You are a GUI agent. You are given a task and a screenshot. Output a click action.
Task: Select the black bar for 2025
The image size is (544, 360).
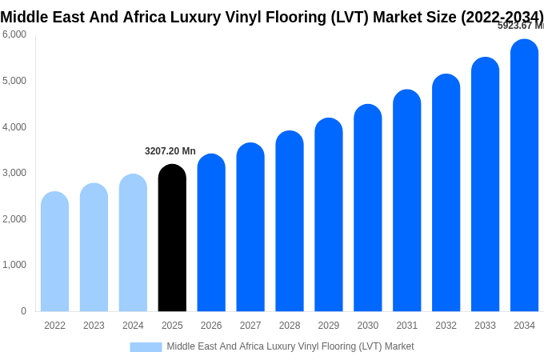click(x=172, y=238)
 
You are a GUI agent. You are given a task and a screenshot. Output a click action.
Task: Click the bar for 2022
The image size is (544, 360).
click(x=54, y=252)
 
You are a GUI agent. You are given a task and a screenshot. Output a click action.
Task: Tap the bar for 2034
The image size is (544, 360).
click(x=524, y=176)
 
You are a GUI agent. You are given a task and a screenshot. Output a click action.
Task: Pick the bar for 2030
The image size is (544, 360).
click(x=368, y=208)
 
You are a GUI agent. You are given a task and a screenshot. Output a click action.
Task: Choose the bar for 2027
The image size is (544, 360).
click(x=250, y=227)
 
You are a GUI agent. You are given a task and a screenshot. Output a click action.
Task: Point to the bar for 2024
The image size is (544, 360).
click(x=133, y=243)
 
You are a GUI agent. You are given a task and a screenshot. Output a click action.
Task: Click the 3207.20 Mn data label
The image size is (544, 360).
click(x=170, y=151)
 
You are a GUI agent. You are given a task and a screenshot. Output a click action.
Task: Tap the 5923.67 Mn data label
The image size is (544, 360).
click(x=521, y=26)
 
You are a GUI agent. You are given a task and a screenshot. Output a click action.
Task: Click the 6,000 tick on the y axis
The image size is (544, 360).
click(x=14, y=34)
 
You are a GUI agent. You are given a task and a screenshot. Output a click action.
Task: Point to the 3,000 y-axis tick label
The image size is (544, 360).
click(x=14, y=173)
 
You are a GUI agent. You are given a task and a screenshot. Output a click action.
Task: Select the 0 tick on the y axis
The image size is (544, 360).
click(x=23, y=311)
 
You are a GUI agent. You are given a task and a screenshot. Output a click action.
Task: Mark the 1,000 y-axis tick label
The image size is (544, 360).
click(x=14, y=265)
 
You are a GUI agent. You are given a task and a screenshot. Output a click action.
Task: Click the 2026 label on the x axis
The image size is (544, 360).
click(x=211, y=326)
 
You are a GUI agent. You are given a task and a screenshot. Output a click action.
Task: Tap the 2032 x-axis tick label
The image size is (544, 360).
click(x=446, y=326)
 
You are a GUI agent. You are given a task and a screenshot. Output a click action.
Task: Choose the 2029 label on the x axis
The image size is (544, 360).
click(x=329, y=326)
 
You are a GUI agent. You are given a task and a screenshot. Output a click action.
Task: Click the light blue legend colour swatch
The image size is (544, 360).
click(x=146, y=347)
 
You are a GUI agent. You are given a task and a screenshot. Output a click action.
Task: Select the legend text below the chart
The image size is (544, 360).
click(x=290, y=346)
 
